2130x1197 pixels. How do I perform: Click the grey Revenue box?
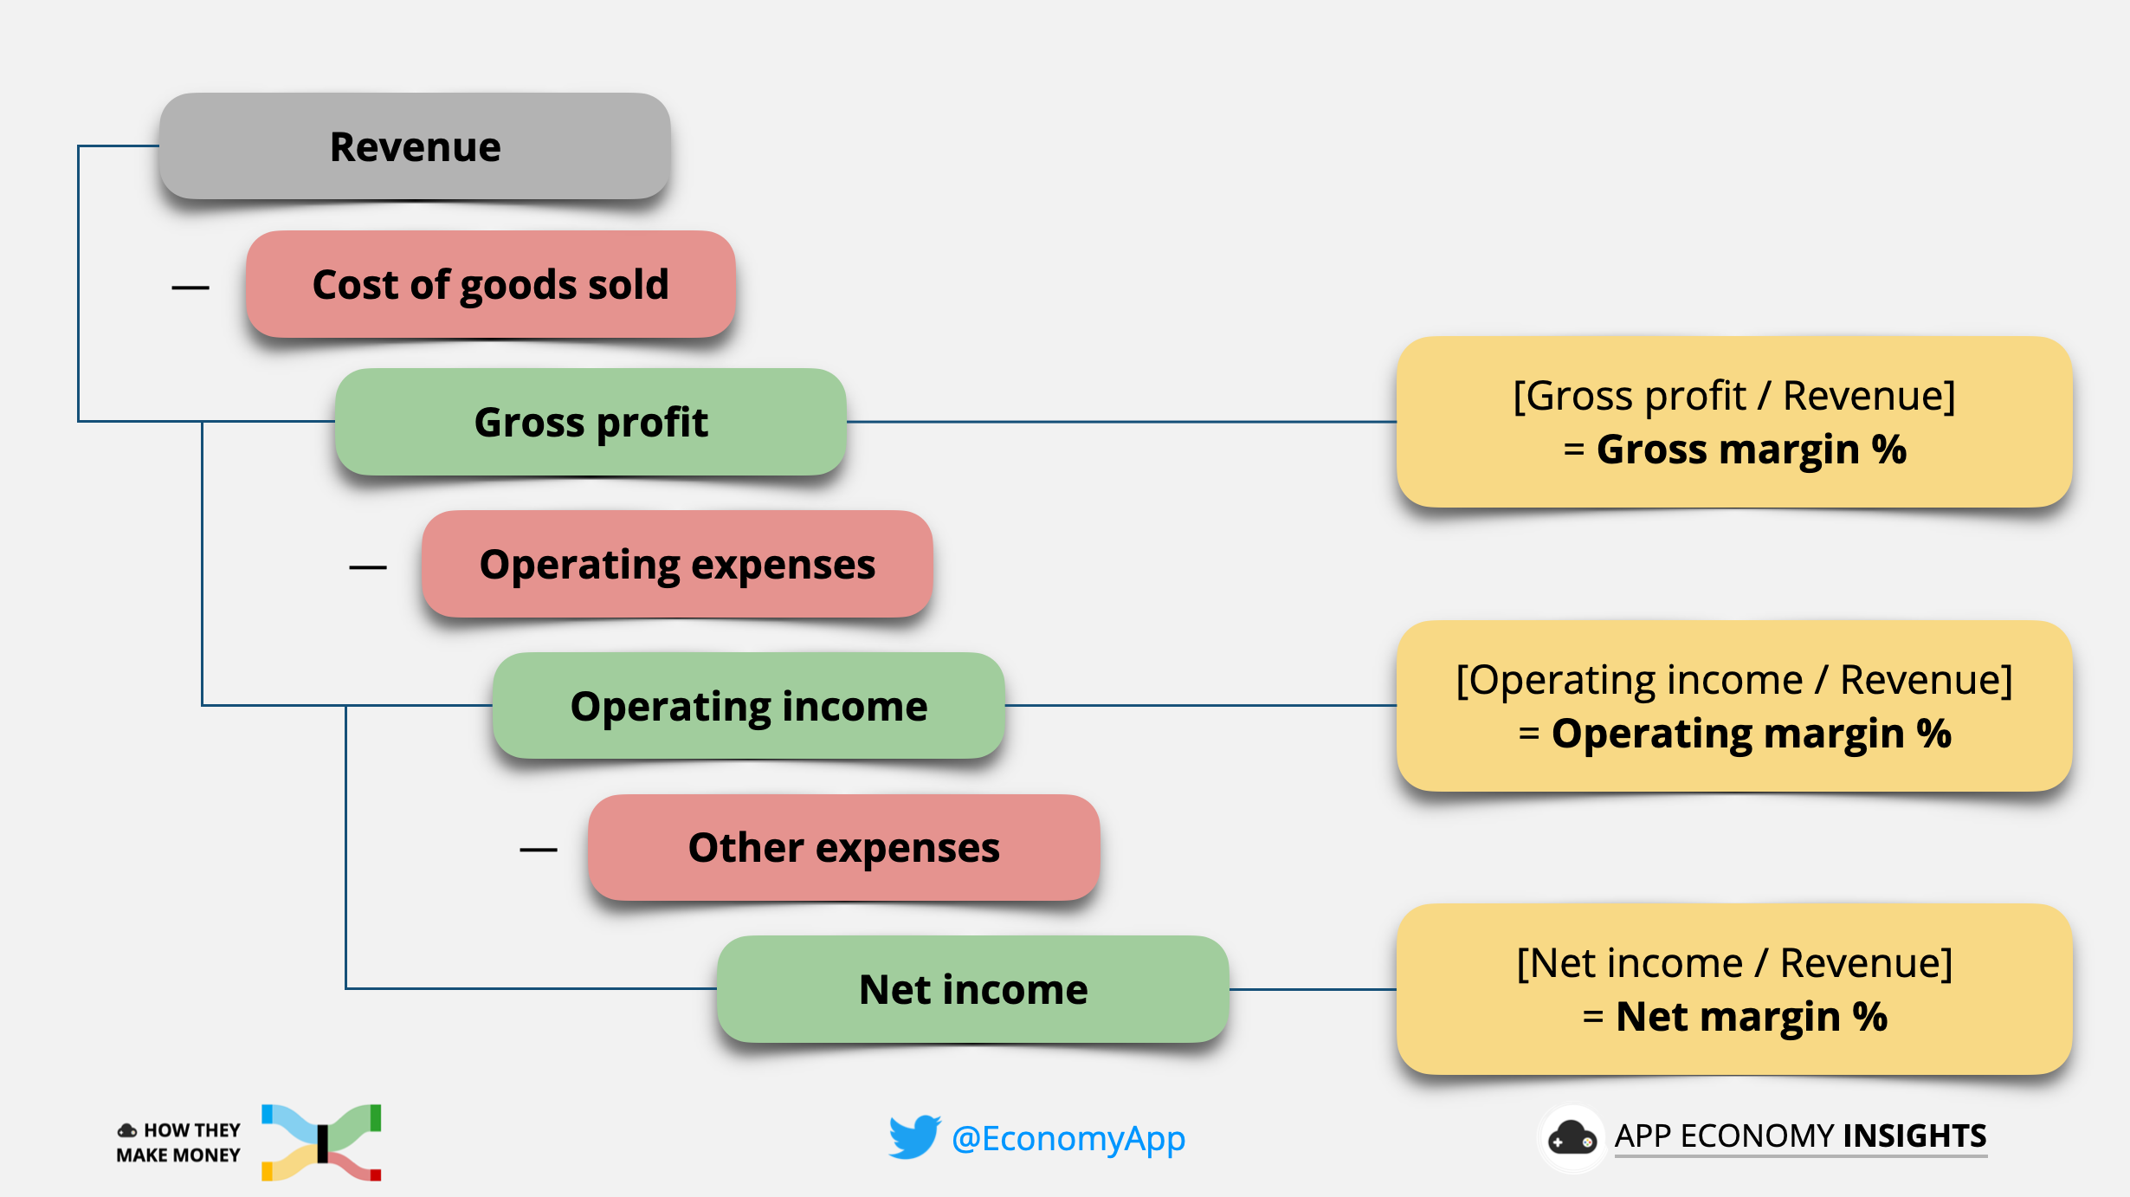[x=415, y=146]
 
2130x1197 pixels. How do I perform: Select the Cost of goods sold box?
[x=490, y=284]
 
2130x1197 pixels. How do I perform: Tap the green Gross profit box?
[x=591, y=423]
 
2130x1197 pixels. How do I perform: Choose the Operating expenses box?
[x=677, y=565]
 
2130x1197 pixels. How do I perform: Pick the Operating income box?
[x=748, y=706]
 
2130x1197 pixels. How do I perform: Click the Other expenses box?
[x=843, y=848]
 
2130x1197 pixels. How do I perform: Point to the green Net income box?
[x=972, y=989]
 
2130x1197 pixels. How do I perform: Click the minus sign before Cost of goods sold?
[x=190, y=288]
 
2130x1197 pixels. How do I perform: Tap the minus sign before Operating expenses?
[x=368, y=568]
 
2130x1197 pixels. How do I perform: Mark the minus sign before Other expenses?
[x=539, y=851]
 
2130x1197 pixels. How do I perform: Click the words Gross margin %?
[x=1751, y=450]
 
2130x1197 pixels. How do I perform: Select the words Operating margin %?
[x=1751, y=734]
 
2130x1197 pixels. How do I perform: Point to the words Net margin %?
[x=1751, y=1017]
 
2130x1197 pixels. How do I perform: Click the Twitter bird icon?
[x=914, y=1136]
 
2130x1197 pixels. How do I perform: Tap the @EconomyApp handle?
[x=1068, y=1138]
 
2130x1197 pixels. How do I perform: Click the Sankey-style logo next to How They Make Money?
[x=322, y=1142]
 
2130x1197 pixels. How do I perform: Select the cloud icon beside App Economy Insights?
[x=1572, y=1137]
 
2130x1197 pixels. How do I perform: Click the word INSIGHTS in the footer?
[x=1914, y=1136]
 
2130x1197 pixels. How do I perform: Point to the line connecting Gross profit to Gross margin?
[x=1121, y=422]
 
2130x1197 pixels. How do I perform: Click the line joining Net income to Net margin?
[x=1313, y=989]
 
